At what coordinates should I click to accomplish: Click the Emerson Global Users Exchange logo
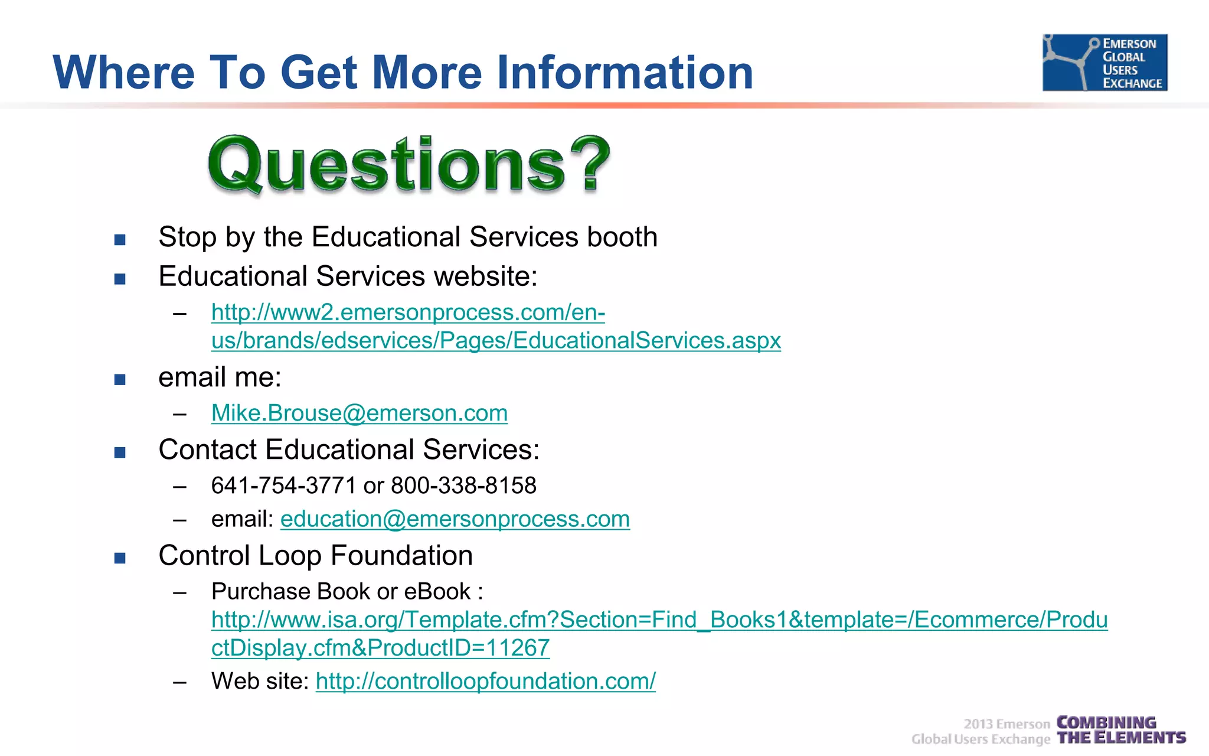pyautogui.click(x=1105, y=62)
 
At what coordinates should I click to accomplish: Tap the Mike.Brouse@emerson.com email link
pyautogui.click(x=359, y=413)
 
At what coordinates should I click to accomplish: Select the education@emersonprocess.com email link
pyautogui.click(x=455, y=519)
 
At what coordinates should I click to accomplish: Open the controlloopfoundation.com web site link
pyautogui.click(x=485, y=681)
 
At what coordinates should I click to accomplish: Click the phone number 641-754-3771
pyautogui.click(x=283, y=485)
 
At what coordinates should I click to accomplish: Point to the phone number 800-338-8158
pyautogui.click(x=463, y=485)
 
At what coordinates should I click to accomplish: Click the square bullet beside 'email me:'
pyautogui.click(x=120, y=380)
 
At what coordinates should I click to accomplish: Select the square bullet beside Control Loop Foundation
pyautogui.click(x=120, y=558)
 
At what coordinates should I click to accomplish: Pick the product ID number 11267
pyautogui.click(x=518, y=648)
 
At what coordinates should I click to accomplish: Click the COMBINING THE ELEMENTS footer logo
pyautogui.click(x=1120, y=730)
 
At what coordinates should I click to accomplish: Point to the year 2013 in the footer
pyautogui.click(x=978, y=724)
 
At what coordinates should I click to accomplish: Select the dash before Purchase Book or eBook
pyautogui.click(x=180, y=592)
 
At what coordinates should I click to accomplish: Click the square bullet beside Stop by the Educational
pyautogui.click(x=120, y=240)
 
